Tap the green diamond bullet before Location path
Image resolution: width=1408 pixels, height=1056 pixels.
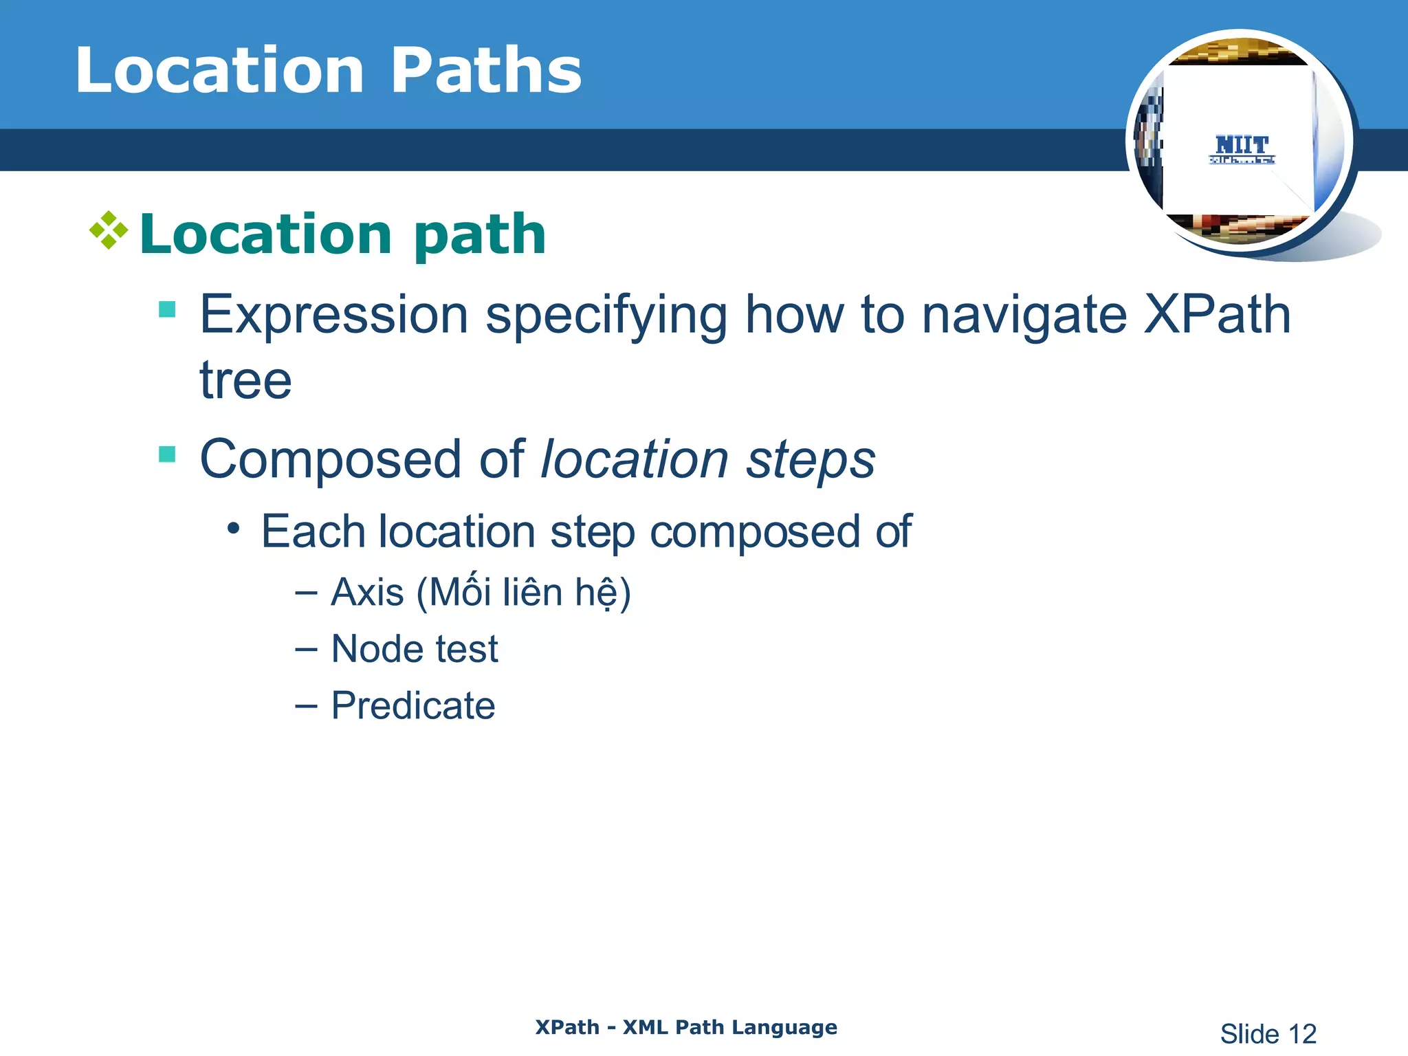click(109, 230)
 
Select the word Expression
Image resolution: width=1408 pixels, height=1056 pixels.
click(334, 315)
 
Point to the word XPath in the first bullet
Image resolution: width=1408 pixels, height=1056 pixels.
click(1217, 315)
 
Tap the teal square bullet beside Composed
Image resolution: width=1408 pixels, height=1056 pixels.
click(167, 454)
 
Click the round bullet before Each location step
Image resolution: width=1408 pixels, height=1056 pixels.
click(234, 529)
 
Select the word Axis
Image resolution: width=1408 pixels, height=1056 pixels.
click(367, 592)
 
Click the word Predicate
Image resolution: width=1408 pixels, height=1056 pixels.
click(412, 705)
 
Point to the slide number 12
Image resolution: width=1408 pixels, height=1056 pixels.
click(1301, 1034)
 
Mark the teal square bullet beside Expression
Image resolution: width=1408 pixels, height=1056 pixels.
click(167, 309)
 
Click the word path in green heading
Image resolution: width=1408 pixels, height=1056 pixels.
click(479, 235)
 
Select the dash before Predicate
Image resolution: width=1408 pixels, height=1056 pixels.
click(306, 706)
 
